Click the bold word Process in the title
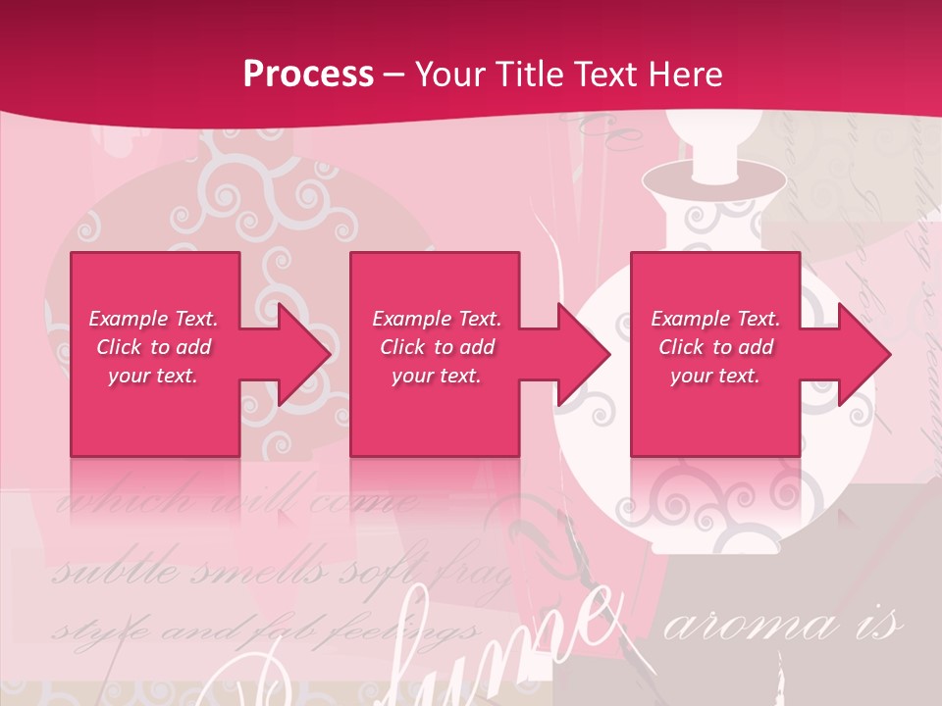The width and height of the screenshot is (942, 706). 308,75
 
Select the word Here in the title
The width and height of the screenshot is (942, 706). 688,75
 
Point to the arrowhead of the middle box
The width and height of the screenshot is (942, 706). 583,354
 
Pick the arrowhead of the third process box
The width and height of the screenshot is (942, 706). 863,354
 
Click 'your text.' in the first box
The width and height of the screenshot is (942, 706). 153,376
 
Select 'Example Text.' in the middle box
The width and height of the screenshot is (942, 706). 437,319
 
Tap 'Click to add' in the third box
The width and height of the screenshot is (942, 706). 716,347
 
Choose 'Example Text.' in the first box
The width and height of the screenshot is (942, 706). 153,319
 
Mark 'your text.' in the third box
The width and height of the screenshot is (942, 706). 715,376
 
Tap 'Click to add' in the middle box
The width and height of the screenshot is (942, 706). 437,347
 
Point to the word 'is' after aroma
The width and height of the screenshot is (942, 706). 882,626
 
